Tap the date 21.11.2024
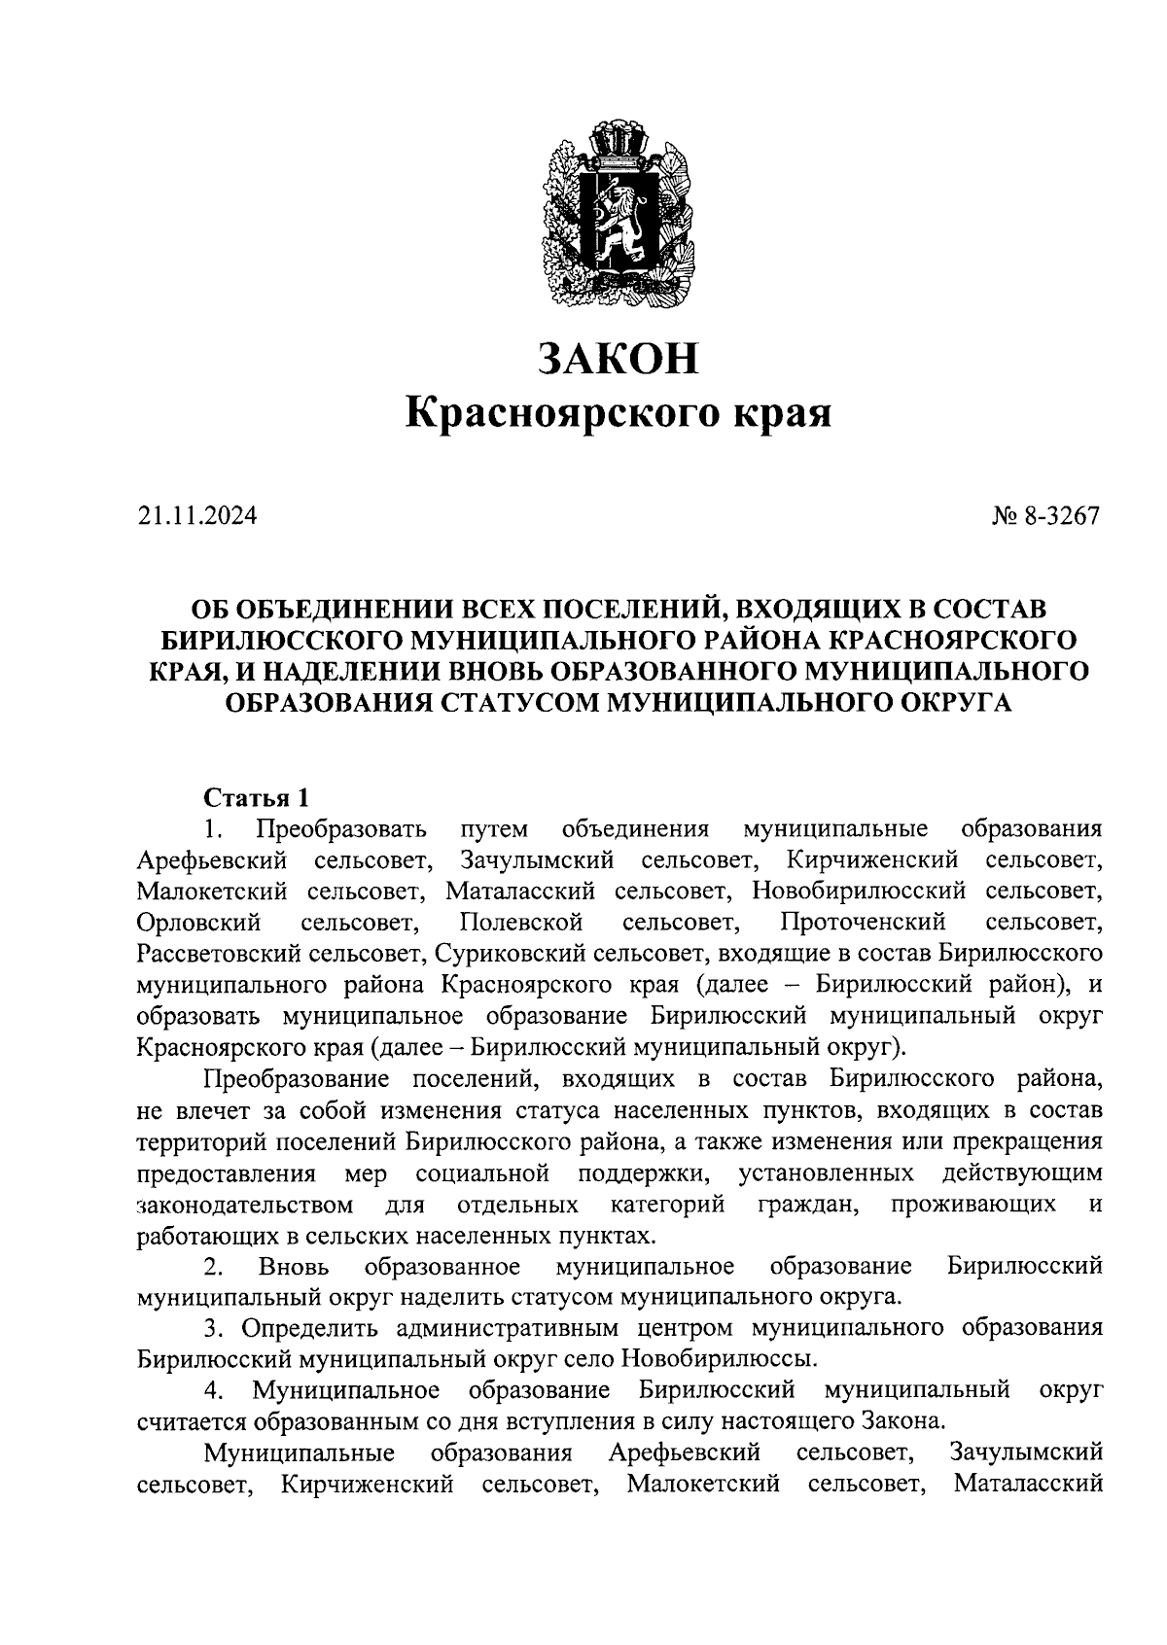pyautogui.click(x=197, y=515)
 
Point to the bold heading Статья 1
pyautogui.click(x=256, y=798)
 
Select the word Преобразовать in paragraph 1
pyautogui.click(x=341, y=829)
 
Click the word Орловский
pyautogui.click(x=199, y=921)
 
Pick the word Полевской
pyautogui.click(x=521, y=921)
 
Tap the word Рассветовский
pyautogui.click(x=217, y=953)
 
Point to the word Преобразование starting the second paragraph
pyautogui.click(x=296, y=1078)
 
